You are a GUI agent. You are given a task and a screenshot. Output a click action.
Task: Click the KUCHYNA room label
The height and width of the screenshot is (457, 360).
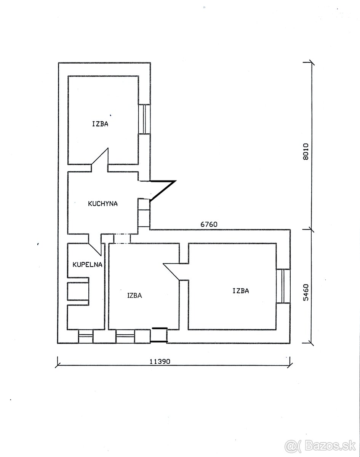pyautogui.click(x=102, y=204)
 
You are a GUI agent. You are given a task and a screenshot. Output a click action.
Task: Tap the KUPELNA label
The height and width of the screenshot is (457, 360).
pyautogui.click(x=87, y=265)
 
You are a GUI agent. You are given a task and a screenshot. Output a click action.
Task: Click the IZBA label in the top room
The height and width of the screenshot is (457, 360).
pyautogui.click(x=100, y=124)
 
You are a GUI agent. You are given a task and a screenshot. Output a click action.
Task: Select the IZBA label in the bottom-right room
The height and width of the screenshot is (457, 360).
pyautogui.click(x=240, y=291)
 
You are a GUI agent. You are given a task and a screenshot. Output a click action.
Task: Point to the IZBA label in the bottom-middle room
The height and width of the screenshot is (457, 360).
pyautogui.click(x=134, y=296)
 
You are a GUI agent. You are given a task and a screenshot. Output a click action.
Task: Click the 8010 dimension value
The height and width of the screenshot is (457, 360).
pyautogui.click(x=306, y=152)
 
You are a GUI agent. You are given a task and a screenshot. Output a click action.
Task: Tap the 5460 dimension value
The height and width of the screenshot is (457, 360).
pyautogui.click(x=306, y=292)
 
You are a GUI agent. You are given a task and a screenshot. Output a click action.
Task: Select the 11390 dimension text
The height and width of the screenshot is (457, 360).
pyautogui.click(x=160, y=361)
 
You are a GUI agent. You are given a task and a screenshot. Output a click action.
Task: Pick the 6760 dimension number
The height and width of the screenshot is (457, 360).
pyautogui.click(x=209, y=224)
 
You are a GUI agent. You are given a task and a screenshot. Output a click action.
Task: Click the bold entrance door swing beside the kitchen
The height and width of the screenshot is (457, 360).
pyautogui.click(x=163, y=191)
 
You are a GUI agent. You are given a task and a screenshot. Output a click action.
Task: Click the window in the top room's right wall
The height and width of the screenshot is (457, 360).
pyautogui.click(x=144, y=119)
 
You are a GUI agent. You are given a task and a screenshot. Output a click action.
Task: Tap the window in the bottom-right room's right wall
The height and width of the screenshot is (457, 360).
pyautogui.click(x=283, y=286)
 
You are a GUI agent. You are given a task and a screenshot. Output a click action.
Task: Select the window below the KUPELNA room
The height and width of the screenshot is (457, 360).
pyautogui.click(x=86, y=336)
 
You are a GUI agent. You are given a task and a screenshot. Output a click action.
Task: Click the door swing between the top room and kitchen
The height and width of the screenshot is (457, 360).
pyautogui.click(x=100, y=157)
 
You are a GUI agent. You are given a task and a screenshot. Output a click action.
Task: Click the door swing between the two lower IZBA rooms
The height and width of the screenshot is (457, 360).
pyautogui.click(x=171, y=272)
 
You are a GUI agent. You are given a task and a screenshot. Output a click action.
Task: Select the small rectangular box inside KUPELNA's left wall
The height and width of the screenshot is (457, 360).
pyautogui.click(x=78, y=291)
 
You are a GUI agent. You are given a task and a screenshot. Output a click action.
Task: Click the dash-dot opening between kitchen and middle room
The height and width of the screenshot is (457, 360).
pyautogui.click(x=122, y=239)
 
